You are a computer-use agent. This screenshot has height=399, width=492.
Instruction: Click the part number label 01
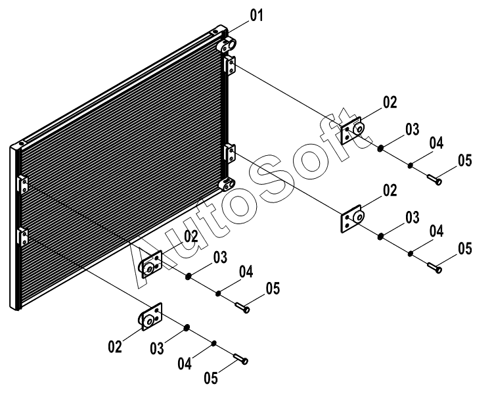(256, 15)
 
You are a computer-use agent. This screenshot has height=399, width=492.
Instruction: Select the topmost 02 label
(390, 102)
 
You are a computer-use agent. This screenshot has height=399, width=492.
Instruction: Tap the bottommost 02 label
(116, 346)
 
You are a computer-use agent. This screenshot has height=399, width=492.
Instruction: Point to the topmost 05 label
(464, 160)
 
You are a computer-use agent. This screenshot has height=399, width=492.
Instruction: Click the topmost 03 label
(412, 129)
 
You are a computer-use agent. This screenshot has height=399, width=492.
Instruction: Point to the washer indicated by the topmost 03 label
(380, 147)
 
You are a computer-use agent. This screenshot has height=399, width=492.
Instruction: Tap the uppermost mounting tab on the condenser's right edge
(229, 64)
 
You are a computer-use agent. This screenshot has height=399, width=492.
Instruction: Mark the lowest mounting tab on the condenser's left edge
(22, 233)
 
